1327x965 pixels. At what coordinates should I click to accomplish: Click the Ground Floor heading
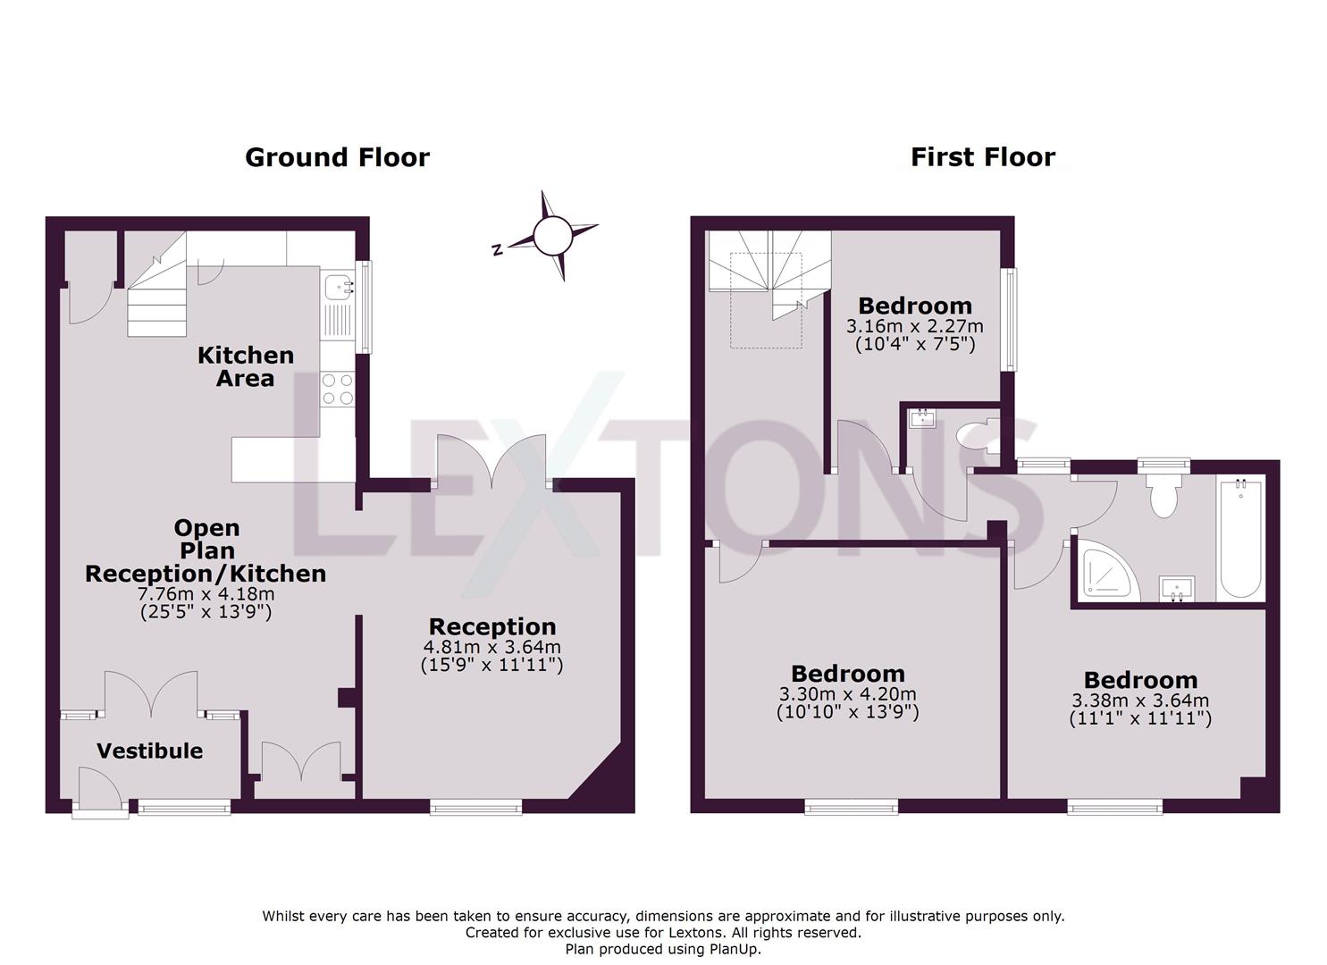(x=337, y=157)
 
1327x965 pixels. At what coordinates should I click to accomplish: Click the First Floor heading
(x=983, y=157)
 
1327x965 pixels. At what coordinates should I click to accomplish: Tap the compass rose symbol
(x=551, y=236)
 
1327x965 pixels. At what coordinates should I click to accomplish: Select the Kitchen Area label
(x=245, y=366)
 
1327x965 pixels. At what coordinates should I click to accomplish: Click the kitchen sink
(x=338, y=287)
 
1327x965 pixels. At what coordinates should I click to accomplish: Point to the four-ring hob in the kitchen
(x=338, y=389)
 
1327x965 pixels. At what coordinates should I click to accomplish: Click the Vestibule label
(x=149, y=751)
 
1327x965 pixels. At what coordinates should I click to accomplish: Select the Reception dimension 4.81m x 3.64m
(x=492, y=647)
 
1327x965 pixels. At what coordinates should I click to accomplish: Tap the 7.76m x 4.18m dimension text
(x=206, y=594)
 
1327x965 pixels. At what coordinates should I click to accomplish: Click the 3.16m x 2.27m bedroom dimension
(x=914, y=326)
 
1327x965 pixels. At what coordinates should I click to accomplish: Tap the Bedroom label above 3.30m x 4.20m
(x=847, y=674)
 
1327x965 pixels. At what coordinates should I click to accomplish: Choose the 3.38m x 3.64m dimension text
(x=1139, y=701)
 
